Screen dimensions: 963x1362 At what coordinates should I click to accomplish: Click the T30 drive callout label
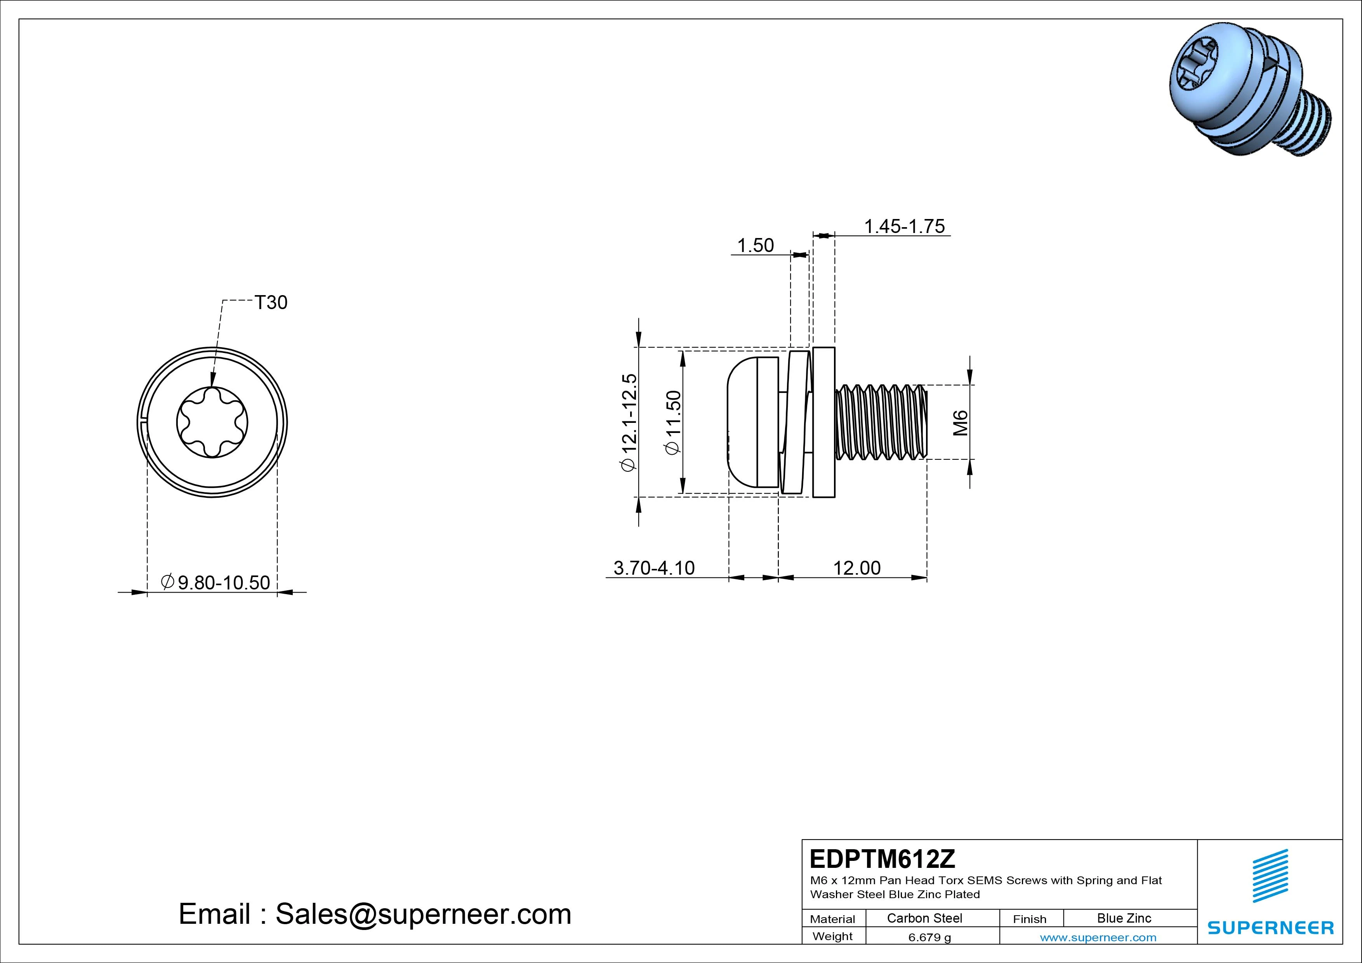tap(271, 302)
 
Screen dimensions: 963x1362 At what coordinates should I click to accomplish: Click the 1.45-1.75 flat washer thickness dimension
tap(904, 227)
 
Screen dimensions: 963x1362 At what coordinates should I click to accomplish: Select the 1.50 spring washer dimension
tap(755, 246)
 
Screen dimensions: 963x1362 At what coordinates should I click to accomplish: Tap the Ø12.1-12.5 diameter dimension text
tap(629, 422)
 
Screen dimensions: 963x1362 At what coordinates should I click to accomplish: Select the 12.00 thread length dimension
tap(856, 568)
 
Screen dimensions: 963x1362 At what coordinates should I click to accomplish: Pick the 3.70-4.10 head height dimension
tap(654, 568)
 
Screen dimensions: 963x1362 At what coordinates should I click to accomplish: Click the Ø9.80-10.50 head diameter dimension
tap(216, 582)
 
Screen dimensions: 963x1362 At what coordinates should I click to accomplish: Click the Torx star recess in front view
tap(212, 422)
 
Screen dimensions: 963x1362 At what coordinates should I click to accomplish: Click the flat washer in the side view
tap(824, 422)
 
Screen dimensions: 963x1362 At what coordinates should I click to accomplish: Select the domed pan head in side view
tap(749, 422)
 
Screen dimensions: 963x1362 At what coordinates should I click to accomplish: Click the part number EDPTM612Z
tap(882, 859)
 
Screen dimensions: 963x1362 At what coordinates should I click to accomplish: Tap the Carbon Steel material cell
tap(924, 918)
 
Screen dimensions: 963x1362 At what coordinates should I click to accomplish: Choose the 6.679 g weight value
tap(929, 937)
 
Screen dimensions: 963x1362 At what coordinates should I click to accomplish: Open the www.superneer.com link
tap(1098, 937)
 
